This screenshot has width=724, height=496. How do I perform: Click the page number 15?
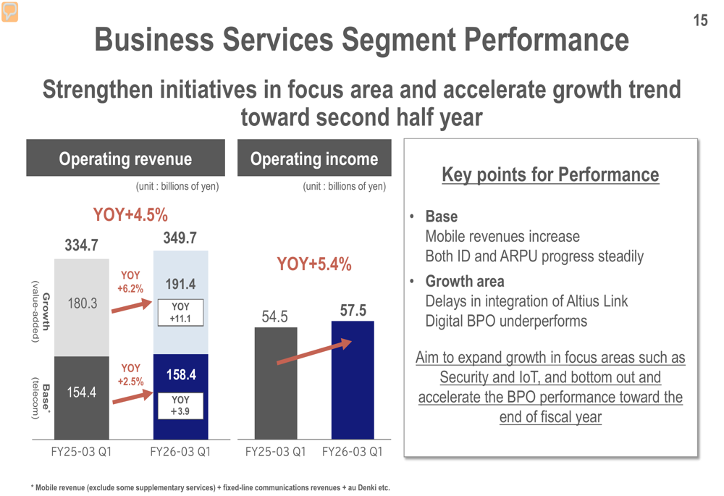(x=700, y=20)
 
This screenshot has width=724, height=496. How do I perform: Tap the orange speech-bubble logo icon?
(x=10, y=12)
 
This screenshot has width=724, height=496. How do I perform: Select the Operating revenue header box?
(x=125, y=159)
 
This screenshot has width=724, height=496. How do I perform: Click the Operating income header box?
(x=314, y=159)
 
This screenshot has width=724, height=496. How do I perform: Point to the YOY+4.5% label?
(x=130, y=215)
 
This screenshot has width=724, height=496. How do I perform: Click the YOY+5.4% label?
(x=314, y=264)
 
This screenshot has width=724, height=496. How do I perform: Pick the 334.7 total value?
(x=81, y=245)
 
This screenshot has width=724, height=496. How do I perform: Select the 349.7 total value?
(x=180, y=238)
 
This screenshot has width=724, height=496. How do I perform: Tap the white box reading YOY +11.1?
(x=180, y=313)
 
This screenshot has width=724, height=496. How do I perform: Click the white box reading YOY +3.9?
(x=180, y=405)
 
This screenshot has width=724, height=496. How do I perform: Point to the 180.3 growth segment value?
(x=83, y=303)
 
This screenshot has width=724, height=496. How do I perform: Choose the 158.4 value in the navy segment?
(x=181, y=374)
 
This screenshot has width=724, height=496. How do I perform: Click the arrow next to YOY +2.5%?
(x=132, y=398)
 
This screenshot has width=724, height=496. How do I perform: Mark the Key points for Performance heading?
(x=550, y=175)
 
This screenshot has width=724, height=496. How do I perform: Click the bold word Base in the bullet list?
(x=441, y=217)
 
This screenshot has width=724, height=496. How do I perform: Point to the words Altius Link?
(x=593, y=301)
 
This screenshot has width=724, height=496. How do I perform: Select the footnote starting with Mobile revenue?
(x=210, y=487)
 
